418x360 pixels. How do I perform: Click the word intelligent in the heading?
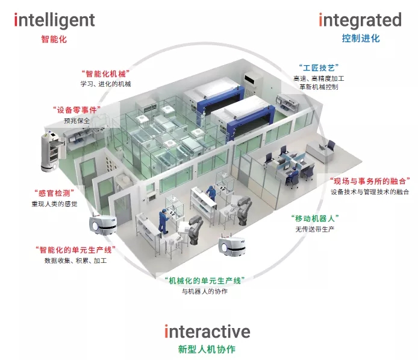click(x=54, y=21)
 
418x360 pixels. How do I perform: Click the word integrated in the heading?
click(x=360, y=21)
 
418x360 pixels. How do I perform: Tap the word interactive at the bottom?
click(x=207, y=331)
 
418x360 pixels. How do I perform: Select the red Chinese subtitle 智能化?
click(x=54, y=39)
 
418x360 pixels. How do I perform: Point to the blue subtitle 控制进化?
click(x=361, y=39)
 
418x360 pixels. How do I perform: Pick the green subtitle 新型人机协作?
click(x=207, y=349)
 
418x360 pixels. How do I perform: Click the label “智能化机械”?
click(x=105, y=74)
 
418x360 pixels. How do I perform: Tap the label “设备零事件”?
click(x=76, y=110)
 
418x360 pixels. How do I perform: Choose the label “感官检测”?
click(x=54, y=193)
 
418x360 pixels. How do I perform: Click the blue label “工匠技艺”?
click(x=319, y=68)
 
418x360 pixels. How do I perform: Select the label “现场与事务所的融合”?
click(x=370, y=182)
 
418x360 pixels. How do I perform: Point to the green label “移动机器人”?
click(x=315, y=218)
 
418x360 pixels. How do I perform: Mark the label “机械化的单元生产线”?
click(x=205, y=281)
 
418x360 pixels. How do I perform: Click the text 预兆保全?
click(x=76, y=121)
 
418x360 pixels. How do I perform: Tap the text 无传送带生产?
click(x=315, y=229)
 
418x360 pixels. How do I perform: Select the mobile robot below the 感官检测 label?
click(x=102, y=225)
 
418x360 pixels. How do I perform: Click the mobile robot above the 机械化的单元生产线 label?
click(x=231, y=245)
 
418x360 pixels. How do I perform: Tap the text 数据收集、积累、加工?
click(x=75, y=261)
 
